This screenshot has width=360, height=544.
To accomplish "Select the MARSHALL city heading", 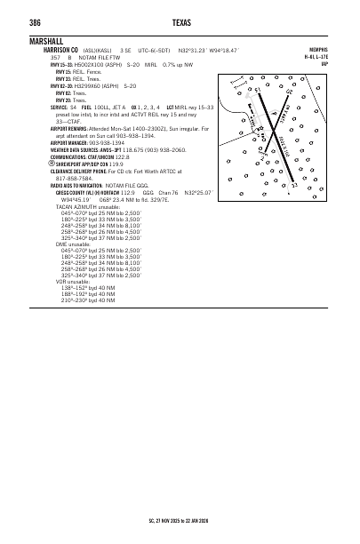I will (x=46, y=41).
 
